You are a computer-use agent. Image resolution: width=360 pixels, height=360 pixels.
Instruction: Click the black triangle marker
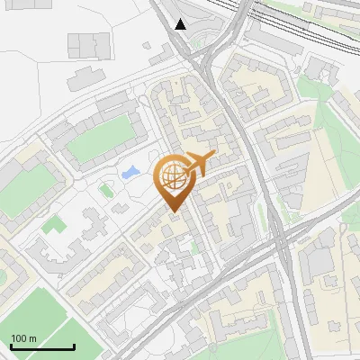(181, 24)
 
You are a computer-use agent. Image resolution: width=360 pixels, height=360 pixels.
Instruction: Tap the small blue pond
(130, 171)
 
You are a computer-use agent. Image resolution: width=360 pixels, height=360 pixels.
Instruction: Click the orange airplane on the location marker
(201, 162)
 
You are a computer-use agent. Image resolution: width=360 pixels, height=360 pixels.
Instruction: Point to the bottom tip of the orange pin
(174, 212)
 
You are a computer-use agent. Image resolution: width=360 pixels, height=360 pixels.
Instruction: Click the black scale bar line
(42, 346)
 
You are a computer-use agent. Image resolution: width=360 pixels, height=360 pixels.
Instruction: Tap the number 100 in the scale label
(18, 338)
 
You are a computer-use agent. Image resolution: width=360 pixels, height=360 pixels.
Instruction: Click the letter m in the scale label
(33, 338)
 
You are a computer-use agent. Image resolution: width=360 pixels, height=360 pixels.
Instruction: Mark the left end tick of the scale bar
(11, 345)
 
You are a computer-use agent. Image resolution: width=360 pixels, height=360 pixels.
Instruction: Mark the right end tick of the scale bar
(74, 345)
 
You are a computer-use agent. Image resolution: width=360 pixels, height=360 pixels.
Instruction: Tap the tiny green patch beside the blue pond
(106, 189)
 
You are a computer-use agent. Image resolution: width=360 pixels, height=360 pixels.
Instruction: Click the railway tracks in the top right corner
(306, 22)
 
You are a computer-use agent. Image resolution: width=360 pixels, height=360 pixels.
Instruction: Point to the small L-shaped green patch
(49, 222)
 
